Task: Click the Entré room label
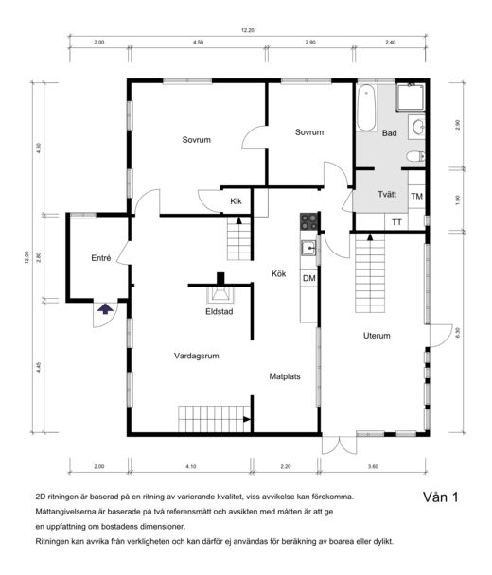[x=101, y=258]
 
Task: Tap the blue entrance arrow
[x=105, y=308]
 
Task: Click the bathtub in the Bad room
[x=366, y=108]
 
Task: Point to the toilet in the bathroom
[x=415, y=157]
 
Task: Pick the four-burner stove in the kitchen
[x=308, y=221]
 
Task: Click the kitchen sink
[x=309, y=249]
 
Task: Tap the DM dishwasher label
[x=309, y=278]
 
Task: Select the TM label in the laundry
[x=417, y=197]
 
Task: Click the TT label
[x=396, y=222]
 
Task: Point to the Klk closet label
[x=236, y=201]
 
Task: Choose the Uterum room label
[x=377, y=336]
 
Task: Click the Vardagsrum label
[x=197, y=356]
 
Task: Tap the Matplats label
[x=285, y=376]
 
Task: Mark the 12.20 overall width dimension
[x=248, y=30]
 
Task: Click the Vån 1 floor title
[x=441, y=497]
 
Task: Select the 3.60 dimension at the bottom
[x=373, y=466]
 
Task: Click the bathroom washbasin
[x=417, y=127]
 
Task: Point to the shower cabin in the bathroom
[x=411, y=97]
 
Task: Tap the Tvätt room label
[x=387, y=194]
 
